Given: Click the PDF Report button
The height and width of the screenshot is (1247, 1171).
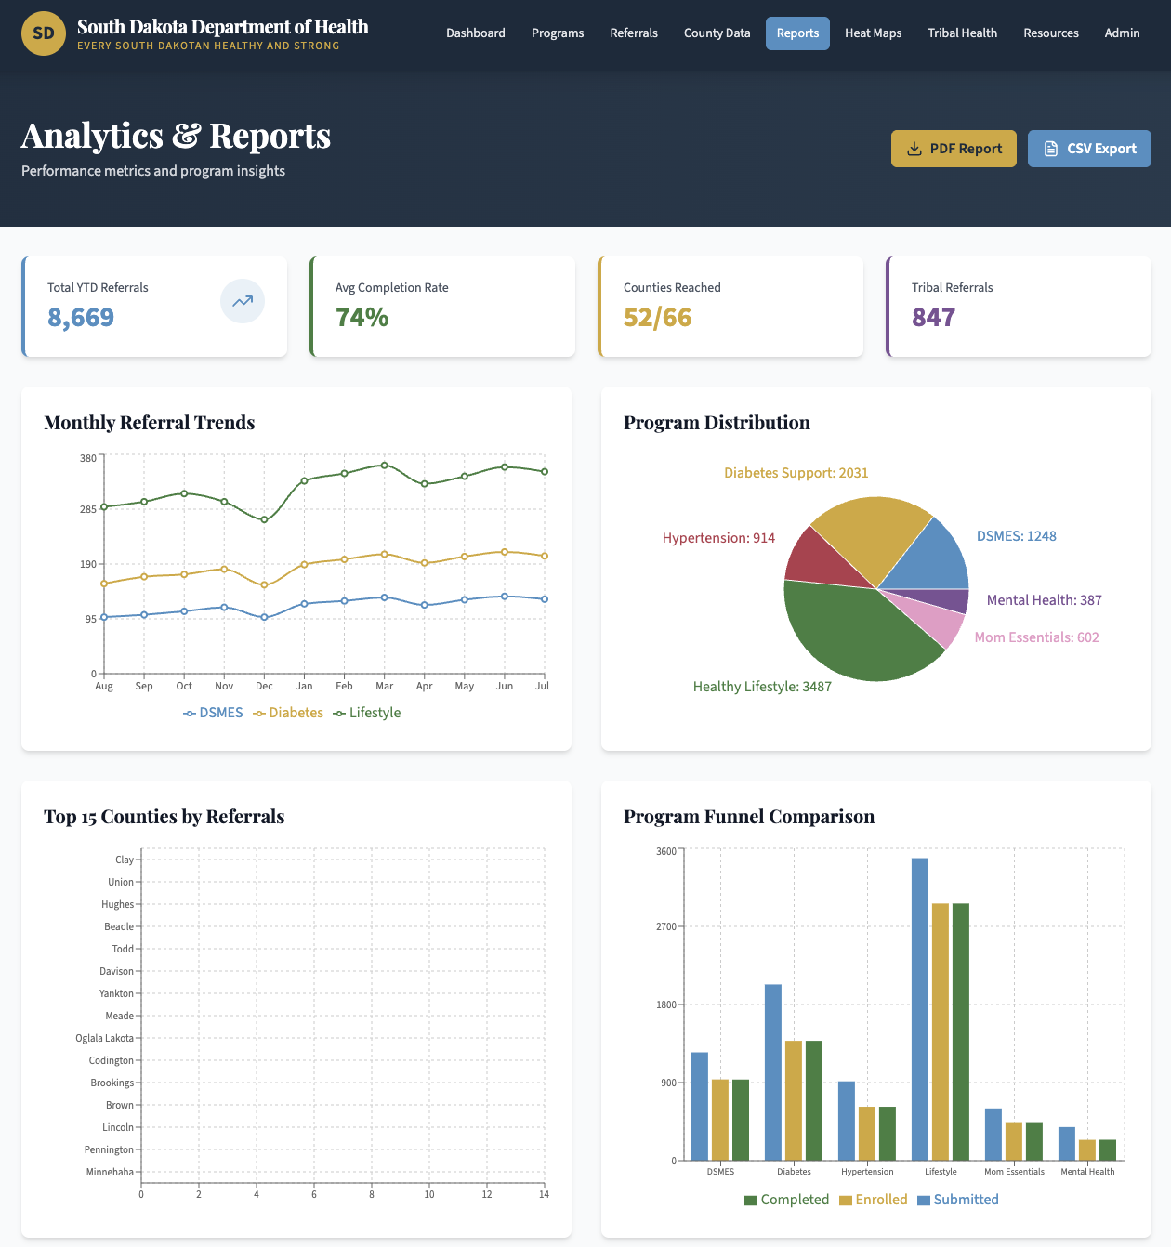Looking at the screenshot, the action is (x=953, y=149).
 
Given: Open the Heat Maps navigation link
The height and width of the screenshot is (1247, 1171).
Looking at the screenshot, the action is (x=873, y=33).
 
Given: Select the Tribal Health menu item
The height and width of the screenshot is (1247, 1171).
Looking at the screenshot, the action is (x=962, y=33).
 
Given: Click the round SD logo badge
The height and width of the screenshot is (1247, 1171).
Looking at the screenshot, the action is (x=44, y=33).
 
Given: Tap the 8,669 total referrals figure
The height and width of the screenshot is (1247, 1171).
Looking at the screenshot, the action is (x=81, y=317).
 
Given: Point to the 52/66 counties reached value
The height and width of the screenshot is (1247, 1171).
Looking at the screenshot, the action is (x=657, y=317).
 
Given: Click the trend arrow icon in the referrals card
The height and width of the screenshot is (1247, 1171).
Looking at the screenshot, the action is (x=242, y=301).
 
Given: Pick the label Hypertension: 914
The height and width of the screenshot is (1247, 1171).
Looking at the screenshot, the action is (x=718, y=538).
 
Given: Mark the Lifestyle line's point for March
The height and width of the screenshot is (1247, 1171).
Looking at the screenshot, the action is (x=385, y=466).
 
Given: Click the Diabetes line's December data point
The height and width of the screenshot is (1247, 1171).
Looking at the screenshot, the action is (x=264, y=585).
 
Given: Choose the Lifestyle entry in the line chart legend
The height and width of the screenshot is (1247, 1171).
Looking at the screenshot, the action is (x=367, y=713).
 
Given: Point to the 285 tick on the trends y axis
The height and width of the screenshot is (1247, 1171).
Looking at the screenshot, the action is (x=88, y=509).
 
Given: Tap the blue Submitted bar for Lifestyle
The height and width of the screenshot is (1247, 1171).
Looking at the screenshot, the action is (x=920, y=1009).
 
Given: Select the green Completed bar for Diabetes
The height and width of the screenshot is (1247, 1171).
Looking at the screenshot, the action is (x=813, y=1101).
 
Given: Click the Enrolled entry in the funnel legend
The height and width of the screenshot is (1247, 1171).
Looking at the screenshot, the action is (x=874, y=1200).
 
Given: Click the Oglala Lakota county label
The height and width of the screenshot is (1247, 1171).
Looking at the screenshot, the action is (x=104, y=1039).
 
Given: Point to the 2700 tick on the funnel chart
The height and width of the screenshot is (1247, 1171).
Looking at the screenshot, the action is (x=666, y=926).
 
